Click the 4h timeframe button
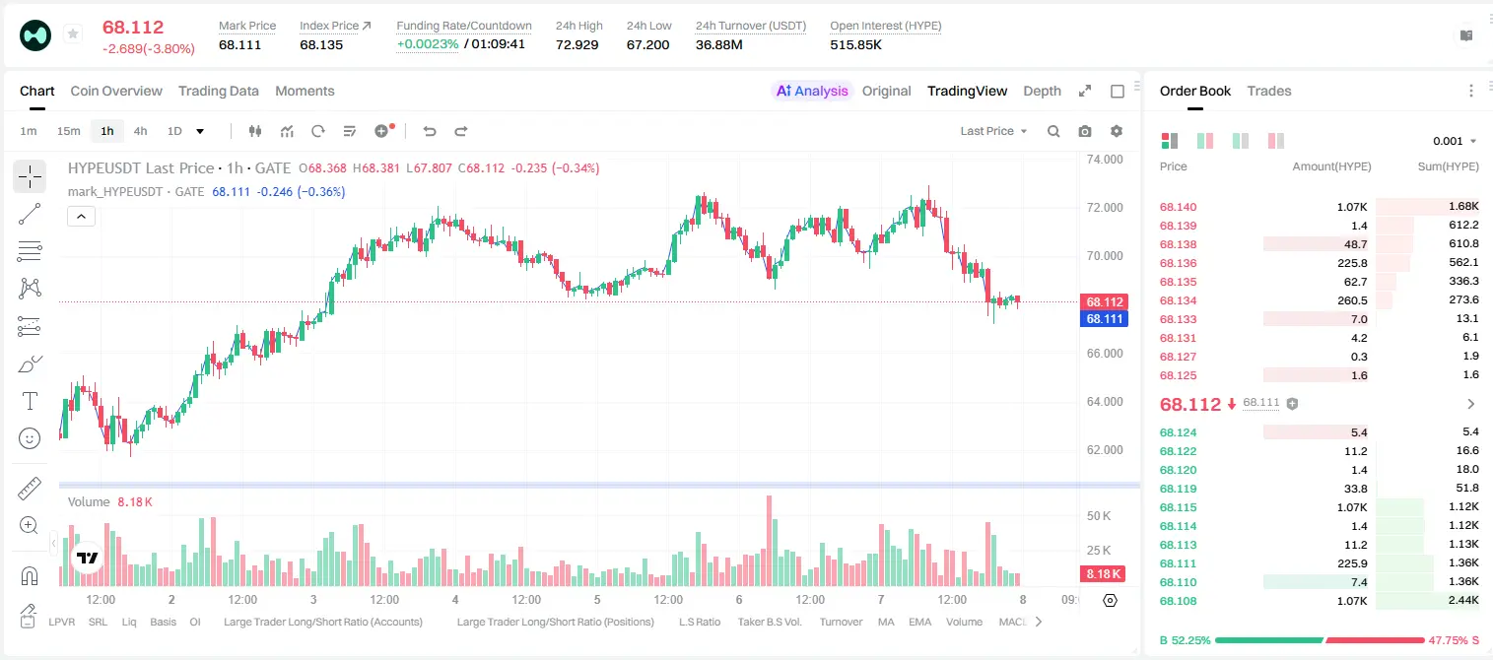click(140, 131)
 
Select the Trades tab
click(1268, 92)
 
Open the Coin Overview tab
click(116, 92)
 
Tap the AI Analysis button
click(812, 92)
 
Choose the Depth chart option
click(1042, 92)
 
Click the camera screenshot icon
click(1084, 131)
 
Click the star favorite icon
click(73, 33)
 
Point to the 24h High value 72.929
click(577, 44)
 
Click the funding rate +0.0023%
click(428, 44)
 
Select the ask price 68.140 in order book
click(1178, 207)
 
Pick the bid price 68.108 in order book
click(1178, 601)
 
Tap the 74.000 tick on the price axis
click(1105, 160)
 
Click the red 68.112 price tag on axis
click(1104, 301)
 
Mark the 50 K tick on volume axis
click(1099, 516)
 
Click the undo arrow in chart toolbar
click(430, 131)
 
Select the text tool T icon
click(30, 401)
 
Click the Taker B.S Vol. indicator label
click(769, 622)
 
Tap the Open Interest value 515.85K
click(855, 44)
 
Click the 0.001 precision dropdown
click(1455, 141)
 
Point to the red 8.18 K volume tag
click(1103, 574)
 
